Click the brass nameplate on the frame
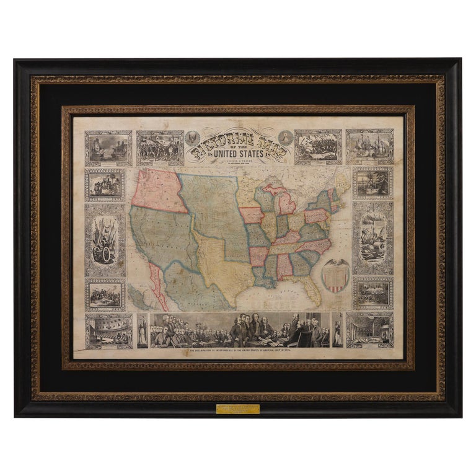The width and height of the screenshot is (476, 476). point(238,409)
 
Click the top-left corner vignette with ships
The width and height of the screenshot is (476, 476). point(108,148)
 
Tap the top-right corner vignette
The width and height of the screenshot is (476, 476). point(369,147)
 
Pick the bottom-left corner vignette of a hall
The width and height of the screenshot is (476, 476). point(108,330)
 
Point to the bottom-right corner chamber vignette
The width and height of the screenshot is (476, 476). point(369,330)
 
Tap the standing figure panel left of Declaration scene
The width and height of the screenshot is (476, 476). point(143,330)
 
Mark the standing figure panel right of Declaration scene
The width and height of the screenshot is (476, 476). point(337,330)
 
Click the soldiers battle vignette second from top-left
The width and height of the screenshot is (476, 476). point(160,148)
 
